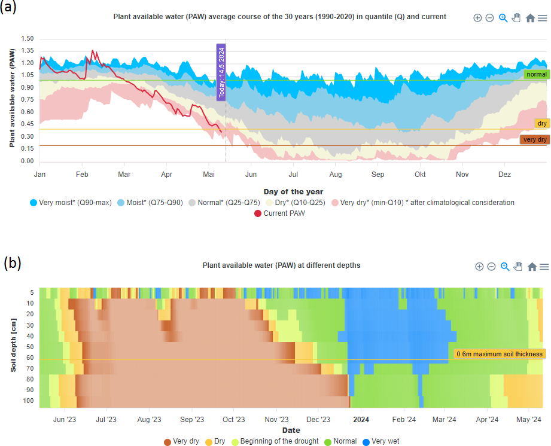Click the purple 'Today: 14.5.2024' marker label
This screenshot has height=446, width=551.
(221, 72)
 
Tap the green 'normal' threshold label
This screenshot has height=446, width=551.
(536, 75)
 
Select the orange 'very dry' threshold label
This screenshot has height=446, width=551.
(535, 139)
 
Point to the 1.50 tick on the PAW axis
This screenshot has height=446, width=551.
(28, 39)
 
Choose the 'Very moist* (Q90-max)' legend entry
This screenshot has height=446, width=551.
(70, 203)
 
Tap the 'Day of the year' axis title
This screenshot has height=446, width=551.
(293, 191)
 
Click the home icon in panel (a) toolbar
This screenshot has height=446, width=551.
(530, 18)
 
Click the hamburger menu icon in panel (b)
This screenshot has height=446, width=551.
(544, 267)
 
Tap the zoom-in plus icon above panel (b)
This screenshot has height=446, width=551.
(479, 267)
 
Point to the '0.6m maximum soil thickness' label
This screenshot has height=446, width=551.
(500, 354)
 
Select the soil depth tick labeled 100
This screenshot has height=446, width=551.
(29, 401)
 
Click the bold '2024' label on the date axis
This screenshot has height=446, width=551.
(361, 420)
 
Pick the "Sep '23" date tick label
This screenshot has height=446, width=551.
(191, 420)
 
